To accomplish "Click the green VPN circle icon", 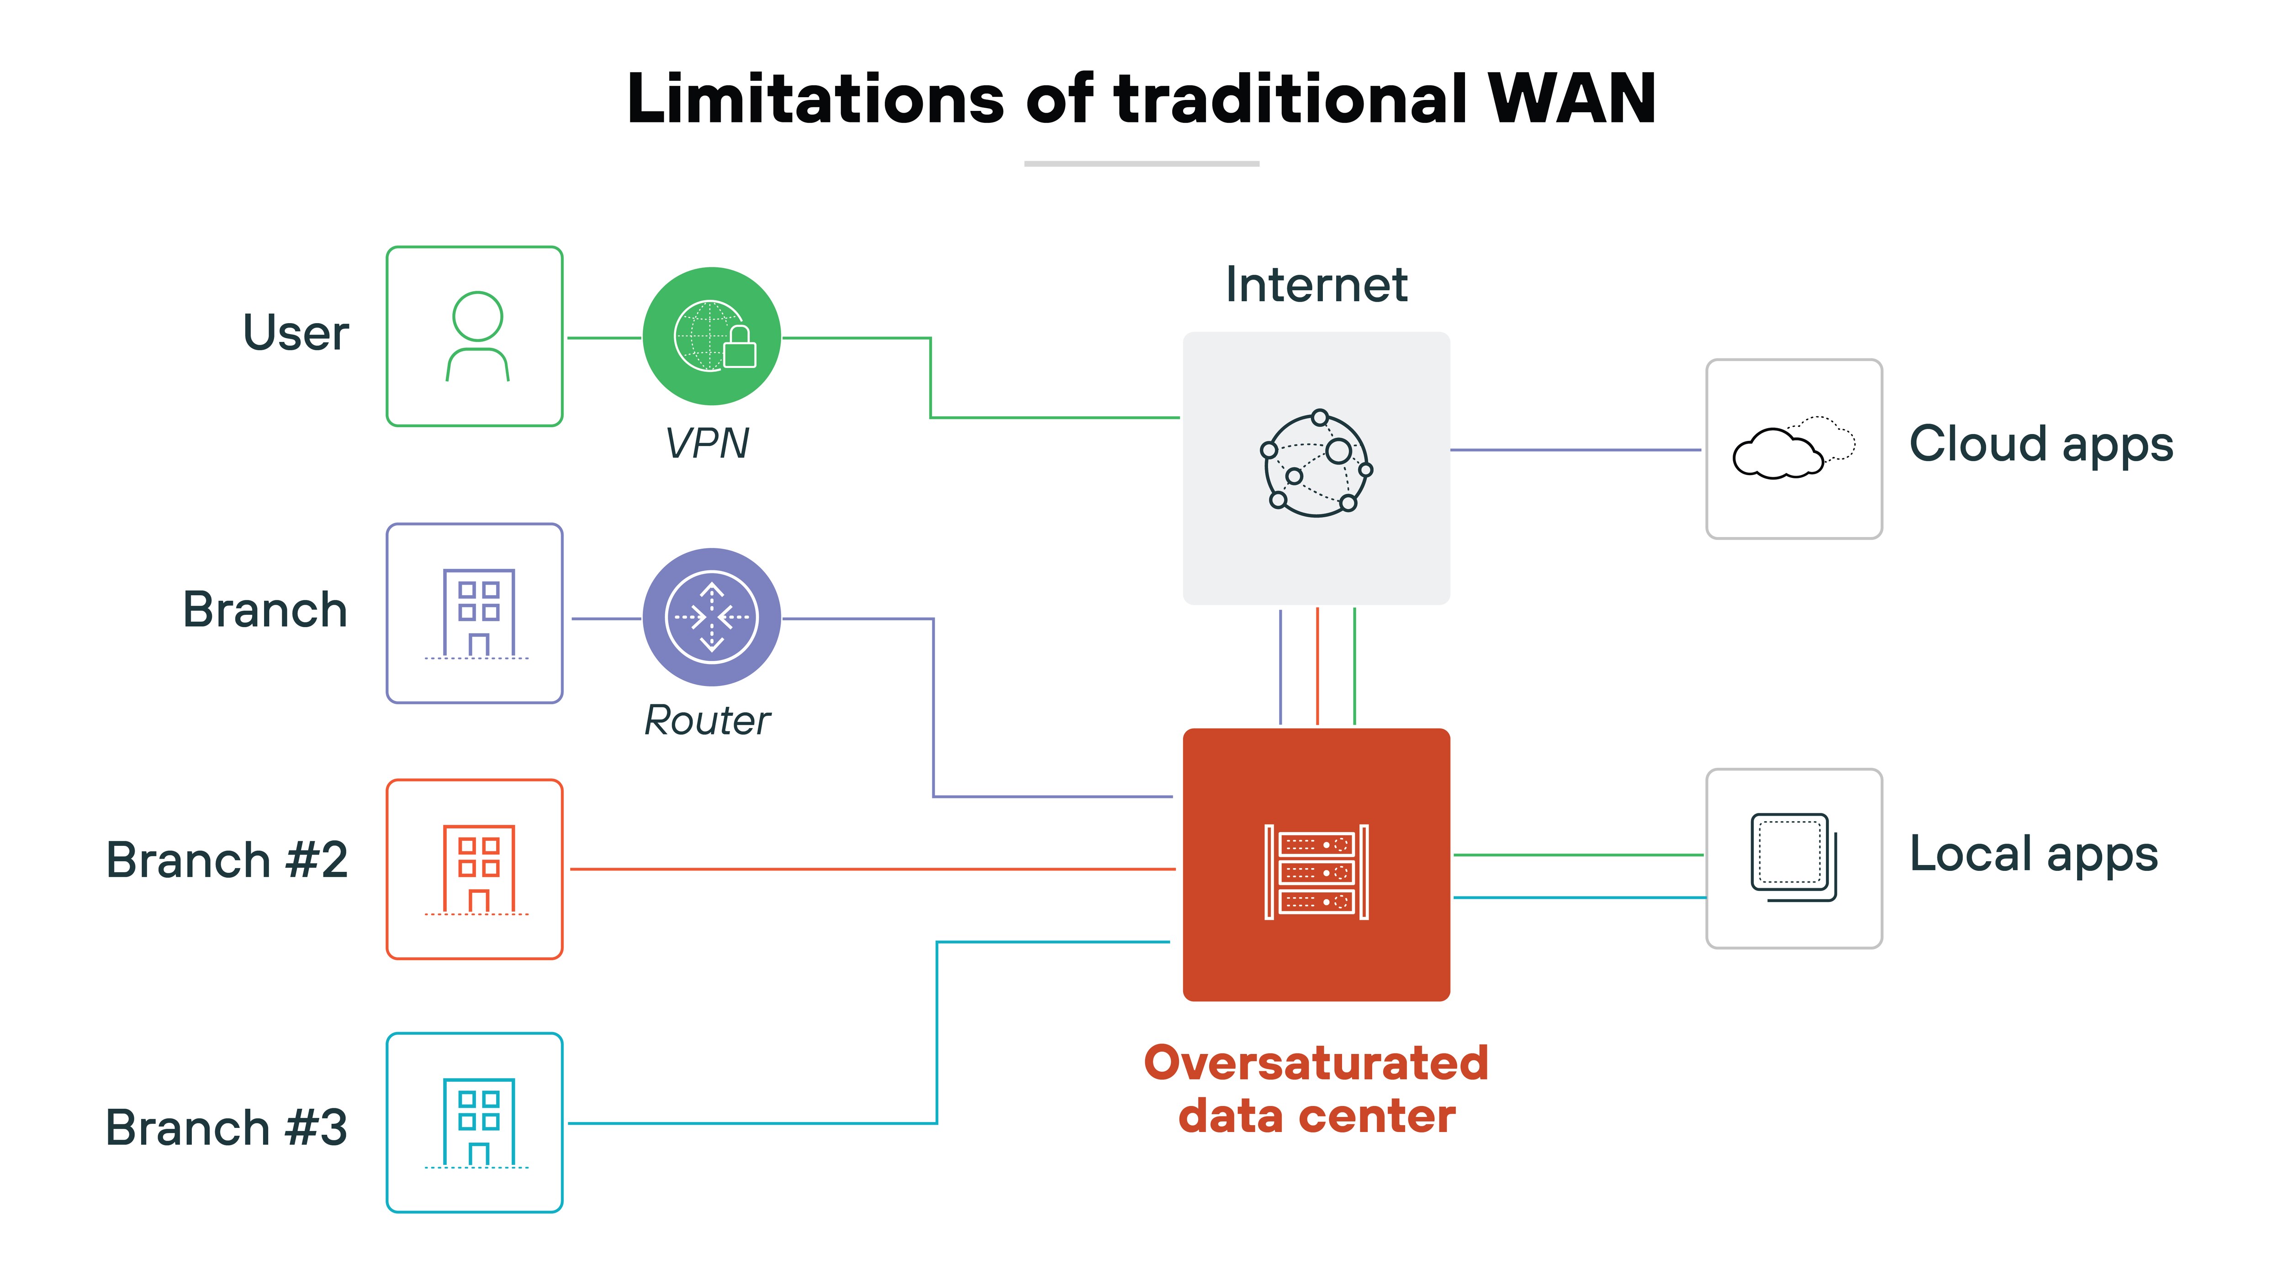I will (x=711, y=337).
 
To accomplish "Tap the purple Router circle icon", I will (x=711, y=617).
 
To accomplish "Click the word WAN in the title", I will (x=1571, y=99).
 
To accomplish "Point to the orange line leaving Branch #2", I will (x=869, y=869).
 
